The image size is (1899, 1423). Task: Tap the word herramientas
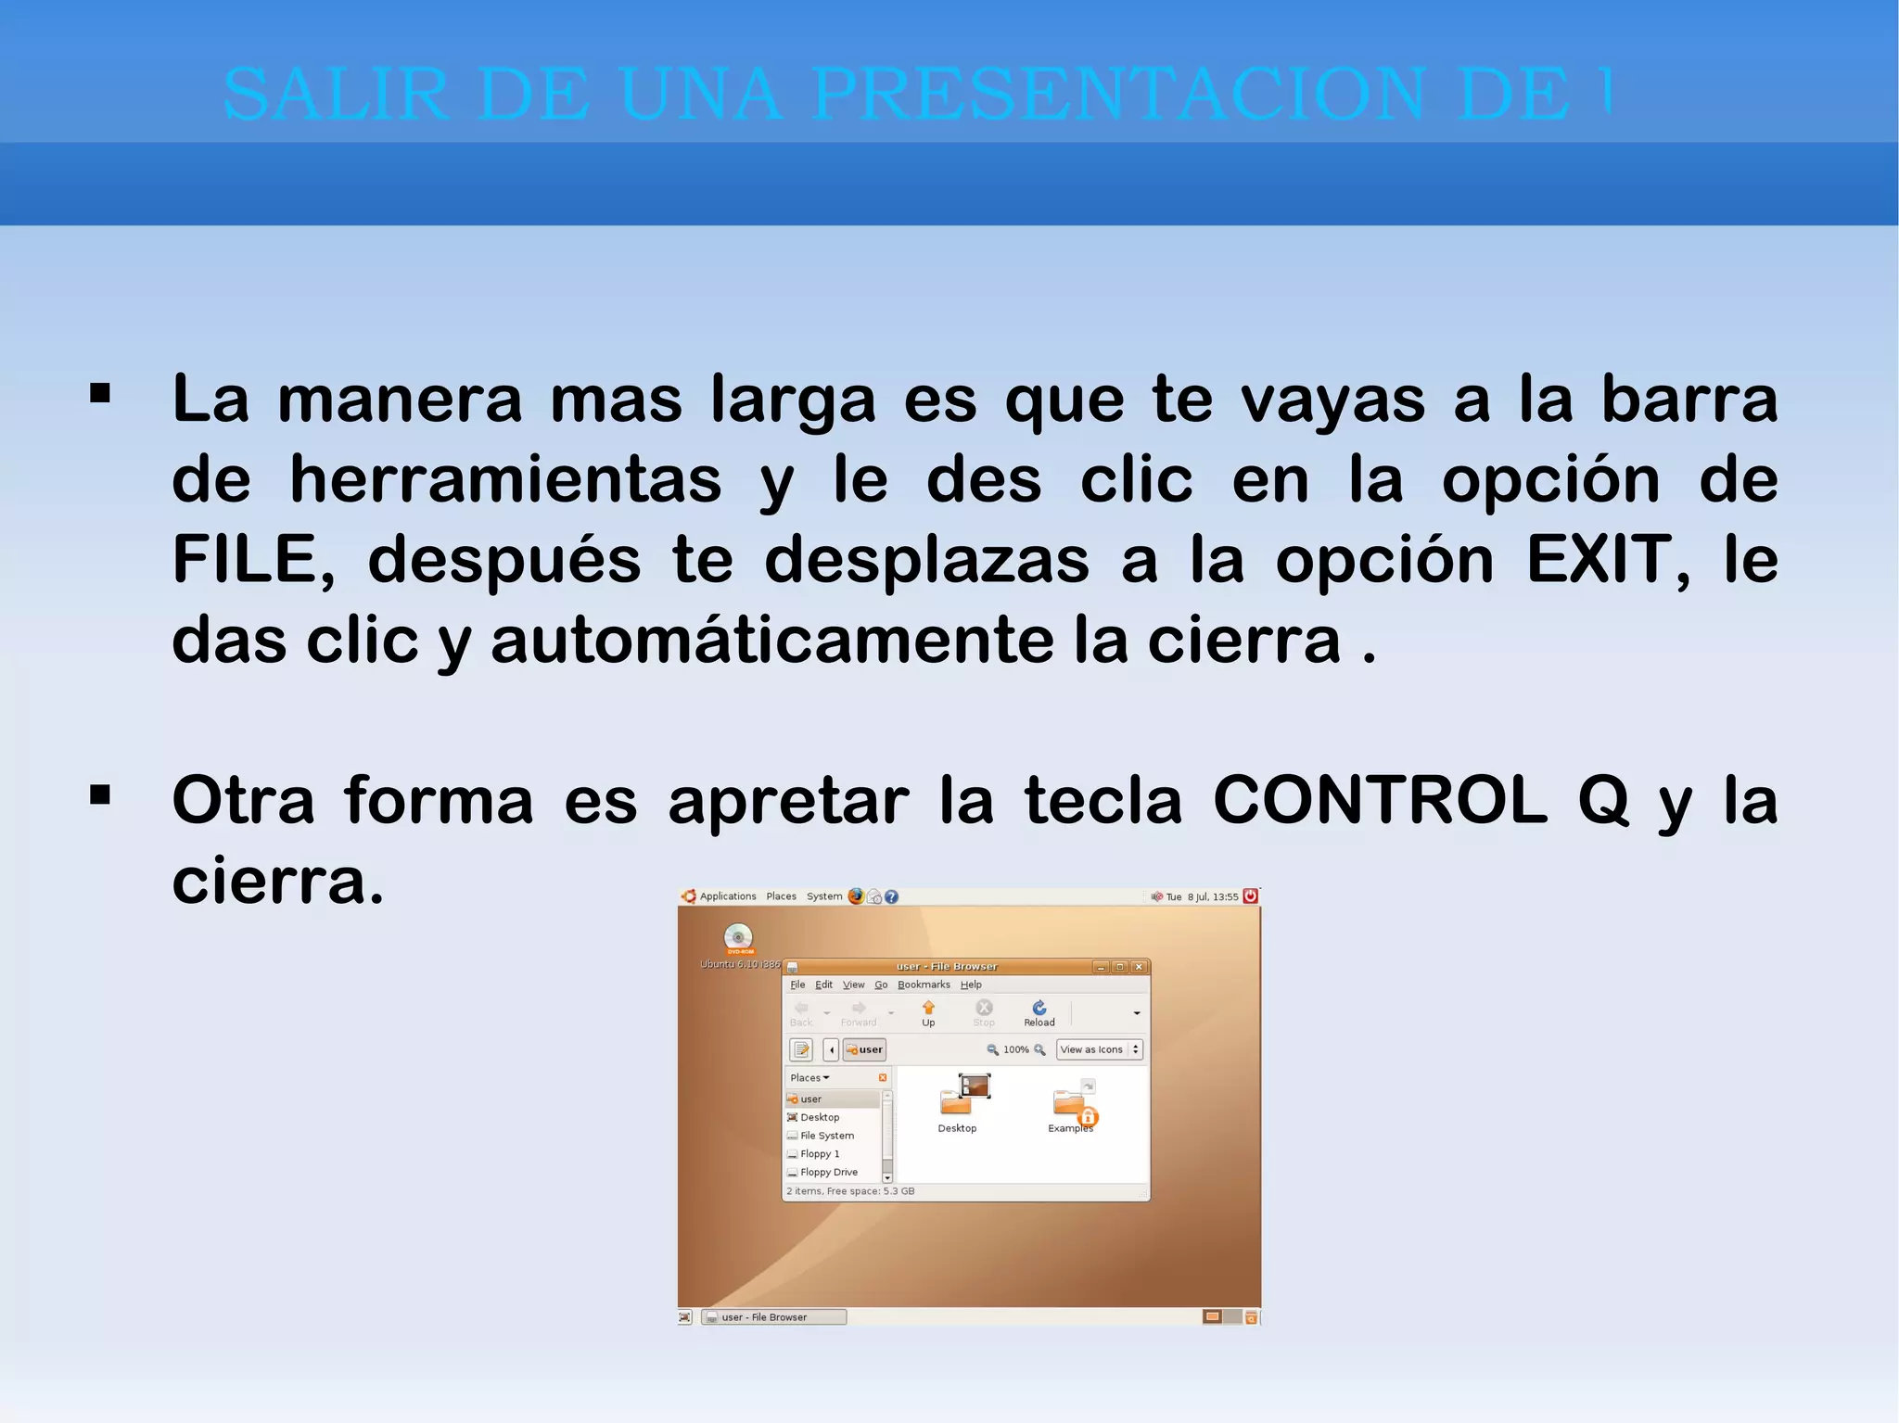[505, 480]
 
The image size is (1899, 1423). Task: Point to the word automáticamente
[771, 641]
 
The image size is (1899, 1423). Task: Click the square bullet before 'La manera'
[100, 394]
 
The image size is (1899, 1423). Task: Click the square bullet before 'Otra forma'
[100, 794]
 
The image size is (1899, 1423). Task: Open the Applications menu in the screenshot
[727, 896]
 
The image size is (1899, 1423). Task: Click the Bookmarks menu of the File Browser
[924, 985]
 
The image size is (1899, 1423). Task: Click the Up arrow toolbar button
[928, 1012]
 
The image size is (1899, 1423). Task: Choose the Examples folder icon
[1071, 1103]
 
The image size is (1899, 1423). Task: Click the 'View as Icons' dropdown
[1100, 1049]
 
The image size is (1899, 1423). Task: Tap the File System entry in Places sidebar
[826, 1136]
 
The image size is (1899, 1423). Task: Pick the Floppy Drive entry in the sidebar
[828, 1172]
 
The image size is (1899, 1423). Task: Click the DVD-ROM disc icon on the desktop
[738, 937]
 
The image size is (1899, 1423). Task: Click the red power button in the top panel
[1250, 896]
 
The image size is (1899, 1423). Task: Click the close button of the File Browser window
[1139, 967]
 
